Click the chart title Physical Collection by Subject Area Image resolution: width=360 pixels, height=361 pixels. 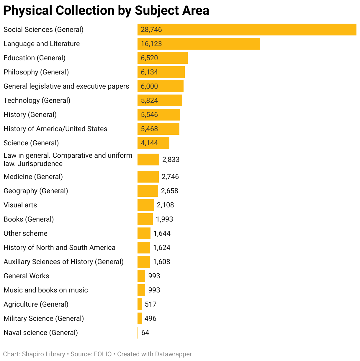[106, 11]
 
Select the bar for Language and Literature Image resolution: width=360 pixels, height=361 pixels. [199, 44]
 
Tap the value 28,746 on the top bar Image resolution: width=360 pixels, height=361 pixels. [151, 30]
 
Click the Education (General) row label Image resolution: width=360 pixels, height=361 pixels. [35, 58]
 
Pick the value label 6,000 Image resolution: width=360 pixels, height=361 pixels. [149, 86]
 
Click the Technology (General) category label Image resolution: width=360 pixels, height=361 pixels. [37, 100]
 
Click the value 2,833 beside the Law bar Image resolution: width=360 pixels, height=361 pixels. [171, 160]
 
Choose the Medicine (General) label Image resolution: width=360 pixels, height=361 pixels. [33, 177]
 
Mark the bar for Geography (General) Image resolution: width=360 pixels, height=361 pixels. [148, 191]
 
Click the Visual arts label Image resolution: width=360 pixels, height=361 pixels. [20, 205]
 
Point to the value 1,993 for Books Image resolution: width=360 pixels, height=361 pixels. [164, 219]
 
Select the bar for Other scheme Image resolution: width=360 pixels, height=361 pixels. [144, 233]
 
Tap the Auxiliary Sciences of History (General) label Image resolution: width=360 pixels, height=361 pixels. [63, 262]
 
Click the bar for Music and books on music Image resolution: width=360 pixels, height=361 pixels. [141, 290]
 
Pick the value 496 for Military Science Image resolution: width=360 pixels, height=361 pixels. [150, 318]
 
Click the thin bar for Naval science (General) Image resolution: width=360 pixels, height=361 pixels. [138, 333]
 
